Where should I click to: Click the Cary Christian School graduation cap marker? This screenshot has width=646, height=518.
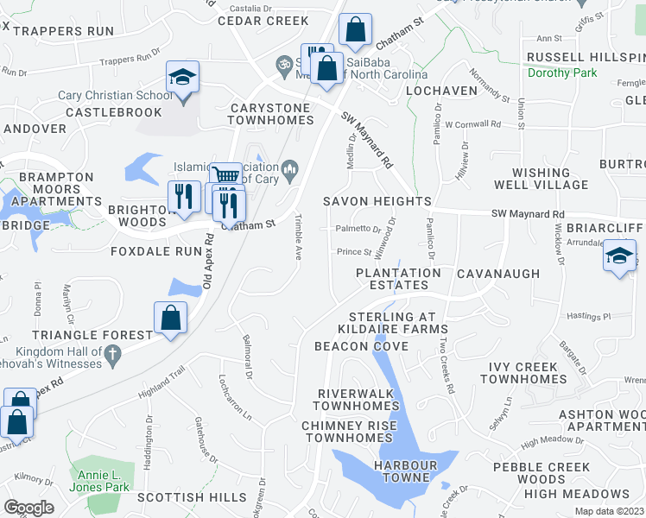pos(182,79)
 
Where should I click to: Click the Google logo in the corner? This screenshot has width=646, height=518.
pos(28,508)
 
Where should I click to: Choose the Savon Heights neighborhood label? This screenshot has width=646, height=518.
pos(377,201)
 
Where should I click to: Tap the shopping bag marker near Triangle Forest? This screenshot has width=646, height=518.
pos(171,318)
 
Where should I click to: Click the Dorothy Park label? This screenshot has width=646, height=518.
pos(562,73)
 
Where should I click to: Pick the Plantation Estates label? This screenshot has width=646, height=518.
pos(398,279)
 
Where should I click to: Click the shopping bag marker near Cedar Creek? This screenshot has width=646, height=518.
pos(354,31)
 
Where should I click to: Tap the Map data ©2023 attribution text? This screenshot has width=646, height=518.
pos(609,511)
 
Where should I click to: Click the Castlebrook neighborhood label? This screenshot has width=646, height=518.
pos(113,113)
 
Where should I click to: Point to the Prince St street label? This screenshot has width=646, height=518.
pos(353,253)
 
